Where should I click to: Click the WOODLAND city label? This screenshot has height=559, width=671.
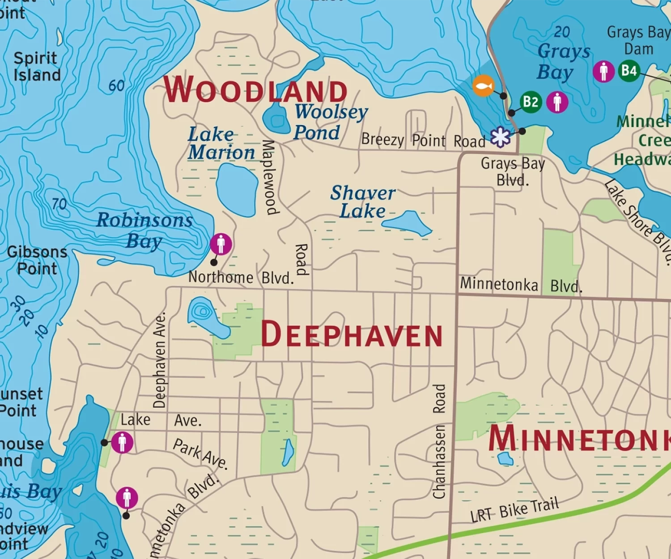point(255,89)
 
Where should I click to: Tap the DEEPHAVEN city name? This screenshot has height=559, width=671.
point(352,335)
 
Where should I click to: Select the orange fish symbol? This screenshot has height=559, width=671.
point(483,85)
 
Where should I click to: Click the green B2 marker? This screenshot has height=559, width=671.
point(531,102)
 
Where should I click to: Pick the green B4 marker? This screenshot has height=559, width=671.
point(629,71)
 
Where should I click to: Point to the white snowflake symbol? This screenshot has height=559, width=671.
point(500,137)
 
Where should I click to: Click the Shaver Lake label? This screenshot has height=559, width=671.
point(362,202)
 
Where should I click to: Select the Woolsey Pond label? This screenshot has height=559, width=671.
point(331,122)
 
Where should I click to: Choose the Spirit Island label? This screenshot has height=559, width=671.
point(37,66)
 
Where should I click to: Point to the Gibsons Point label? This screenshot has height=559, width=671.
point(37,260)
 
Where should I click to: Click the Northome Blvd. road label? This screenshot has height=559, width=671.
point(241,278)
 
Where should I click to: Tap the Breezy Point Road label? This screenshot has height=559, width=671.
point(423,140)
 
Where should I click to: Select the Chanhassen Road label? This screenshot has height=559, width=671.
point(439,441)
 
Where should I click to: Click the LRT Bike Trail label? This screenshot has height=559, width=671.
point(514,510)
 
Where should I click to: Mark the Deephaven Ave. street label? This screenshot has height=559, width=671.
point(160,360)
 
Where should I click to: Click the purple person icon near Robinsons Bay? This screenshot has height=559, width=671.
point(221,244)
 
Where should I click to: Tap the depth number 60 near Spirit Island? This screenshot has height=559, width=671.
point(116,85)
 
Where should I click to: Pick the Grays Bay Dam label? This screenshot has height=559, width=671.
point(638,40)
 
